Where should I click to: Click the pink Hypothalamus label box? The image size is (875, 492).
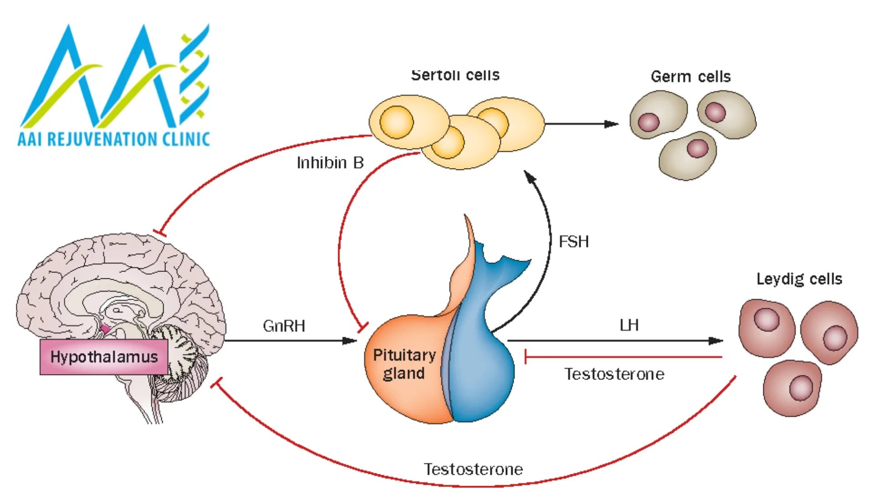104,357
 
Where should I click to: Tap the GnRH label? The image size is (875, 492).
284,326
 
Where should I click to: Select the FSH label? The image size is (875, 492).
574,241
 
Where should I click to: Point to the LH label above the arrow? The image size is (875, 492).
629,325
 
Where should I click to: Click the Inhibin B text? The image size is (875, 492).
330,163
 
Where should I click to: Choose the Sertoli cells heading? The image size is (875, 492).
455,75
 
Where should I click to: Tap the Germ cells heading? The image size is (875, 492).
690,77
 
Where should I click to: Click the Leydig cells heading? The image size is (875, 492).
799,279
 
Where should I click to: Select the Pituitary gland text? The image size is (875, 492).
404,364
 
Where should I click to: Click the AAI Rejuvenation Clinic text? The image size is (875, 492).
114,139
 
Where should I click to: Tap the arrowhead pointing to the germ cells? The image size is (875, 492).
612,124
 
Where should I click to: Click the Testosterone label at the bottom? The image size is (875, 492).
473,469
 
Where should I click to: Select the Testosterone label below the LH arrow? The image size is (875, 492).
614,374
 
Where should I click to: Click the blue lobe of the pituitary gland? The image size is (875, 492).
483,364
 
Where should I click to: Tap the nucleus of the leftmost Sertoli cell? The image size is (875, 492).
396,122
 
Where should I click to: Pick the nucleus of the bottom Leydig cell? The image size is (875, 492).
801,388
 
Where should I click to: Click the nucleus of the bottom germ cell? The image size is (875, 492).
697,148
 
